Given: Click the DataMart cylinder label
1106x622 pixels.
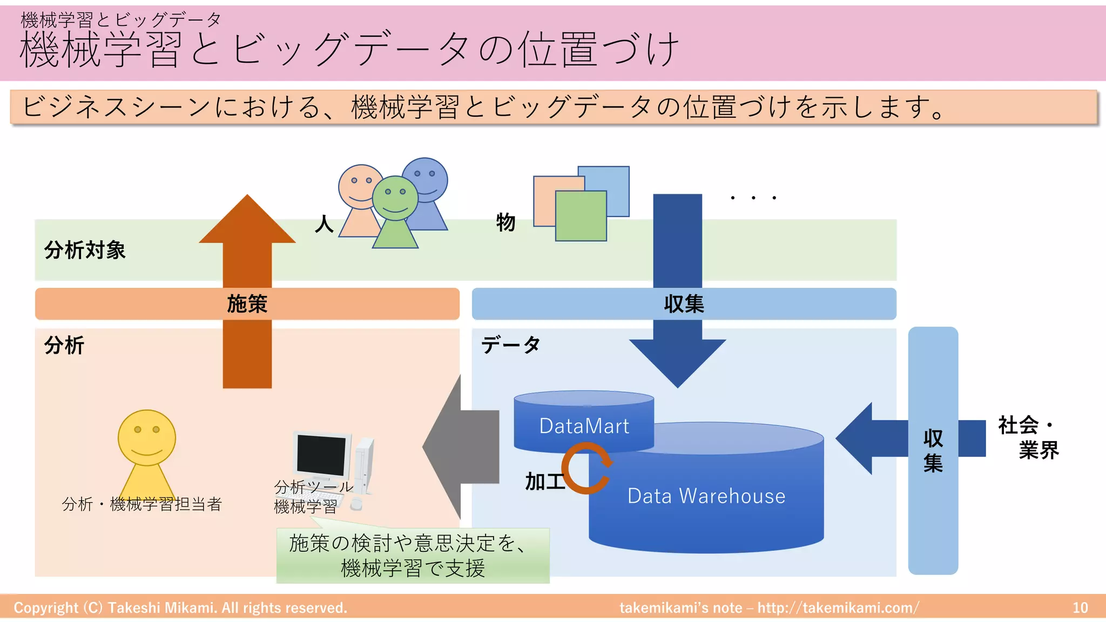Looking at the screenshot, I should coord(584,426).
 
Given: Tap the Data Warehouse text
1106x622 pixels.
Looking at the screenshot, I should coord(706,496).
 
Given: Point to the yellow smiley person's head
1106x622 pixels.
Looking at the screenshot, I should coord(147,437).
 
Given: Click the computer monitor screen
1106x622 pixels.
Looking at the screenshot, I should coord(321,454).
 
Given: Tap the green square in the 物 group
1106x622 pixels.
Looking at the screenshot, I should coord(581,216).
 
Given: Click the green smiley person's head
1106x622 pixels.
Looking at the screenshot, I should coord(395,198).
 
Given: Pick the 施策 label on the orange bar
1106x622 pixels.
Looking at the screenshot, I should coord(247,304).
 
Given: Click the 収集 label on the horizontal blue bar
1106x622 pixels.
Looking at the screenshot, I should coord(684,304).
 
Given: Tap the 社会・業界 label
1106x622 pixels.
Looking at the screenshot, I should coord(1028,437).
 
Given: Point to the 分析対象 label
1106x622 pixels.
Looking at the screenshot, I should coord(85,251).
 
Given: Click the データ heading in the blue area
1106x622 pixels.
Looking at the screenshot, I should coord(510,344).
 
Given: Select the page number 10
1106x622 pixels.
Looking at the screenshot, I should coord(1080,607).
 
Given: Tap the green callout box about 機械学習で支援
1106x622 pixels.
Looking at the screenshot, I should coord(413,556).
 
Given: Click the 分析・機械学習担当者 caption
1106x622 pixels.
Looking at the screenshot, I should coord(142,504).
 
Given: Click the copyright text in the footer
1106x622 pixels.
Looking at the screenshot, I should coord(180,607).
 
